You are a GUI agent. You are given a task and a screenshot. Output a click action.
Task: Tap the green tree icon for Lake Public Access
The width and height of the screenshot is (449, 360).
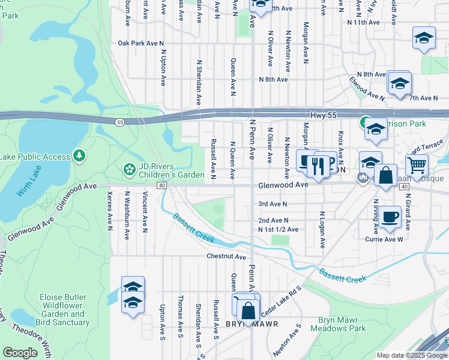click(79, 157)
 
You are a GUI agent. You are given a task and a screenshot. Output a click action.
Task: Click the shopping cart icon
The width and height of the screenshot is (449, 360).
click(416, 163)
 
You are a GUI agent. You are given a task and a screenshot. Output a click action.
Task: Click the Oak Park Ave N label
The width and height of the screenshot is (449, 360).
click(140, 43)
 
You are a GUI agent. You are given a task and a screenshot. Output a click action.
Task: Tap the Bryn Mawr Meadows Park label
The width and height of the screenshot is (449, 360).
click(342, 325)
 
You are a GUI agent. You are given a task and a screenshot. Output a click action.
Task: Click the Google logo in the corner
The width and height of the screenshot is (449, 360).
click(20, 353)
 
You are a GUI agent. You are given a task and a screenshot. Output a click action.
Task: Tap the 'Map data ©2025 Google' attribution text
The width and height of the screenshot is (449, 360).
click(412, 355)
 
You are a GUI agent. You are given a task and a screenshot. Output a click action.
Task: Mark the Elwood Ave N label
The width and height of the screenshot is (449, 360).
click(366, 88)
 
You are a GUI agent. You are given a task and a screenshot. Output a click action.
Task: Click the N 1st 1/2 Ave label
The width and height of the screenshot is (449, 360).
click(278, 230)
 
